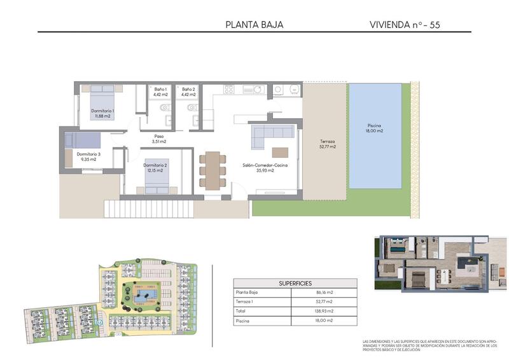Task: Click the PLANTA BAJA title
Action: [x=254, y=25]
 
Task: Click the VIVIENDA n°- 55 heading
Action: [x=405, y=25]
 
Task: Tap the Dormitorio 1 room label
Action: [x=102, y=113]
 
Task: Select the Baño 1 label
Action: [x=161, y=93]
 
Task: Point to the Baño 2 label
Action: [x=189, y=93]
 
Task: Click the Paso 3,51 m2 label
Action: [x=158, y=139]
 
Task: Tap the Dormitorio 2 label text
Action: [x=155, y=168]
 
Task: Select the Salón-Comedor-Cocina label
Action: [x=265, y=168]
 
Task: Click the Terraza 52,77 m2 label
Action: [x=328, y=144]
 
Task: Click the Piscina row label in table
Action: [x=243, y=321]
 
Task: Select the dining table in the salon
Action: [x=212, y=169]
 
